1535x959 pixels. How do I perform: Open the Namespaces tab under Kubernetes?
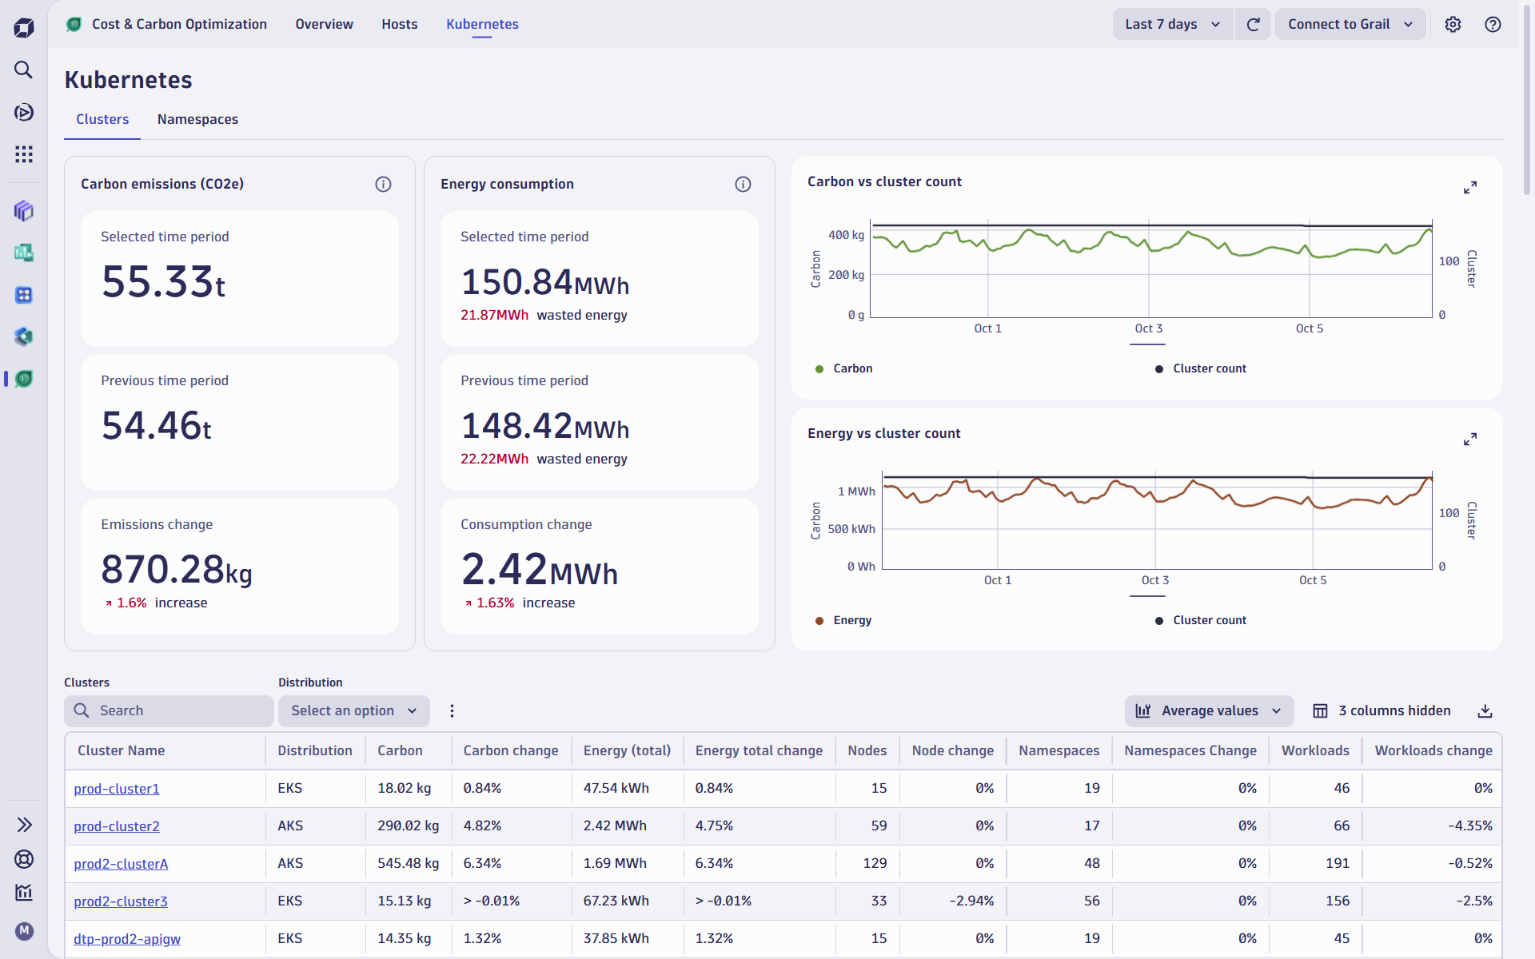click(197, 119)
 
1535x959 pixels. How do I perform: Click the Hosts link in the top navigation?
click(399, 24)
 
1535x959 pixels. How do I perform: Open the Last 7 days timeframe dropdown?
click(1172, 24)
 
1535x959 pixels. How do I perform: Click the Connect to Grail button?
click(1349, 24)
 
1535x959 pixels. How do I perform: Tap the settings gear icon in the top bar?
click(1453, 24)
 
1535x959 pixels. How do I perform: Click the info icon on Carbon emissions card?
click(383, 185)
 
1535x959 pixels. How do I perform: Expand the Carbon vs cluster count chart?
click(1469, 188)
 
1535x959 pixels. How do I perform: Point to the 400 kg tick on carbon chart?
click(846, 235)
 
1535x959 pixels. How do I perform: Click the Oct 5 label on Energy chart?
click(1312, 580)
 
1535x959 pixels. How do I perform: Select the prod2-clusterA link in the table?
click(121, 864)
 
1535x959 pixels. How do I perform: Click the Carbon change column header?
click(510, 750)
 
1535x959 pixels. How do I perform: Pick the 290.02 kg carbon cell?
click(408, 826)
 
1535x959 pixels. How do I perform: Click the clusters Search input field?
click(169, 710)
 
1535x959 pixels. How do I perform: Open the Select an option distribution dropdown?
click(353, 710)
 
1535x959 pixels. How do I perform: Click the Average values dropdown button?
click(1209, 710)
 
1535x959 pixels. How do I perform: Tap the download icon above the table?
click(1485, 710)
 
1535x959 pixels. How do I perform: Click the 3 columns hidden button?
click(1382, 710)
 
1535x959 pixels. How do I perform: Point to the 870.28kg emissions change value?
click(177, 570)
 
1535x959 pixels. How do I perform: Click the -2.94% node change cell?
click(971, 901)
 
